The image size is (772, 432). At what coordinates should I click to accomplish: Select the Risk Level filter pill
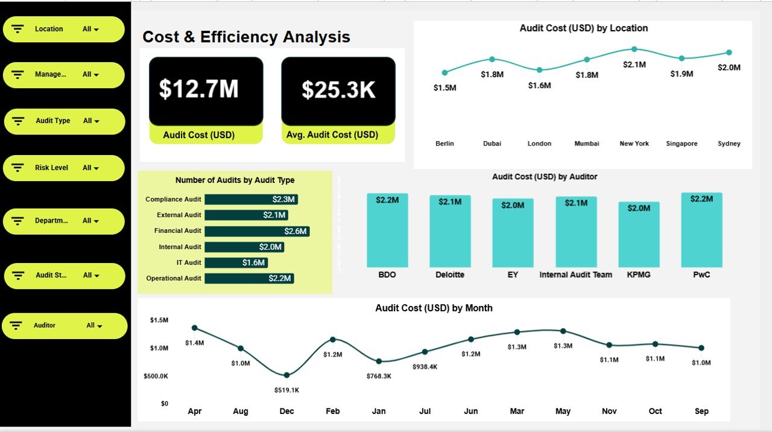[63, 168]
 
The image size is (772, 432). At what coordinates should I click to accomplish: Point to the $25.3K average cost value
[338, 91]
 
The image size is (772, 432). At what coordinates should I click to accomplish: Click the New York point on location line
[634, 49]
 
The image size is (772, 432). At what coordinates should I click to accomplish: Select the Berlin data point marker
[445, 72]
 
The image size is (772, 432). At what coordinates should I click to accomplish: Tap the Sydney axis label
[729, 144]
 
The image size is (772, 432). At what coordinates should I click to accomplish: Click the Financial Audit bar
[257, 231]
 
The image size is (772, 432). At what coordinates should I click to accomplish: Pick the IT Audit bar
[236, 262]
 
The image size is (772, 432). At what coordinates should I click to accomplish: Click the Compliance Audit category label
[173, 199]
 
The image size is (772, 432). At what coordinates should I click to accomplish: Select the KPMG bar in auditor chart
[639, 235]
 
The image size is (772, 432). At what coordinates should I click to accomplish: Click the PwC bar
[701, 230]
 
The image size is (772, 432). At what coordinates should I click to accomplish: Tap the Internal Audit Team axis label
[575, 275]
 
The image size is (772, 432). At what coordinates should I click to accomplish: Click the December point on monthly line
[286, 375]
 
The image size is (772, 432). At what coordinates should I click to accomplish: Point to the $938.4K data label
[425, 367]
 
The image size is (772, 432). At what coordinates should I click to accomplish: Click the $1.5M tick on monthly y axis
[159, 320]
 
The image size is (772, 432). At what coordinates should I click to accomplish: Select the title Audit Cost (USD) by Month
[434, 308]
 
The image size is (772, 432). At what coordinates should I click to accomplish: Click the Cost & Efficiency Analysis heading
[246, 37]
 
